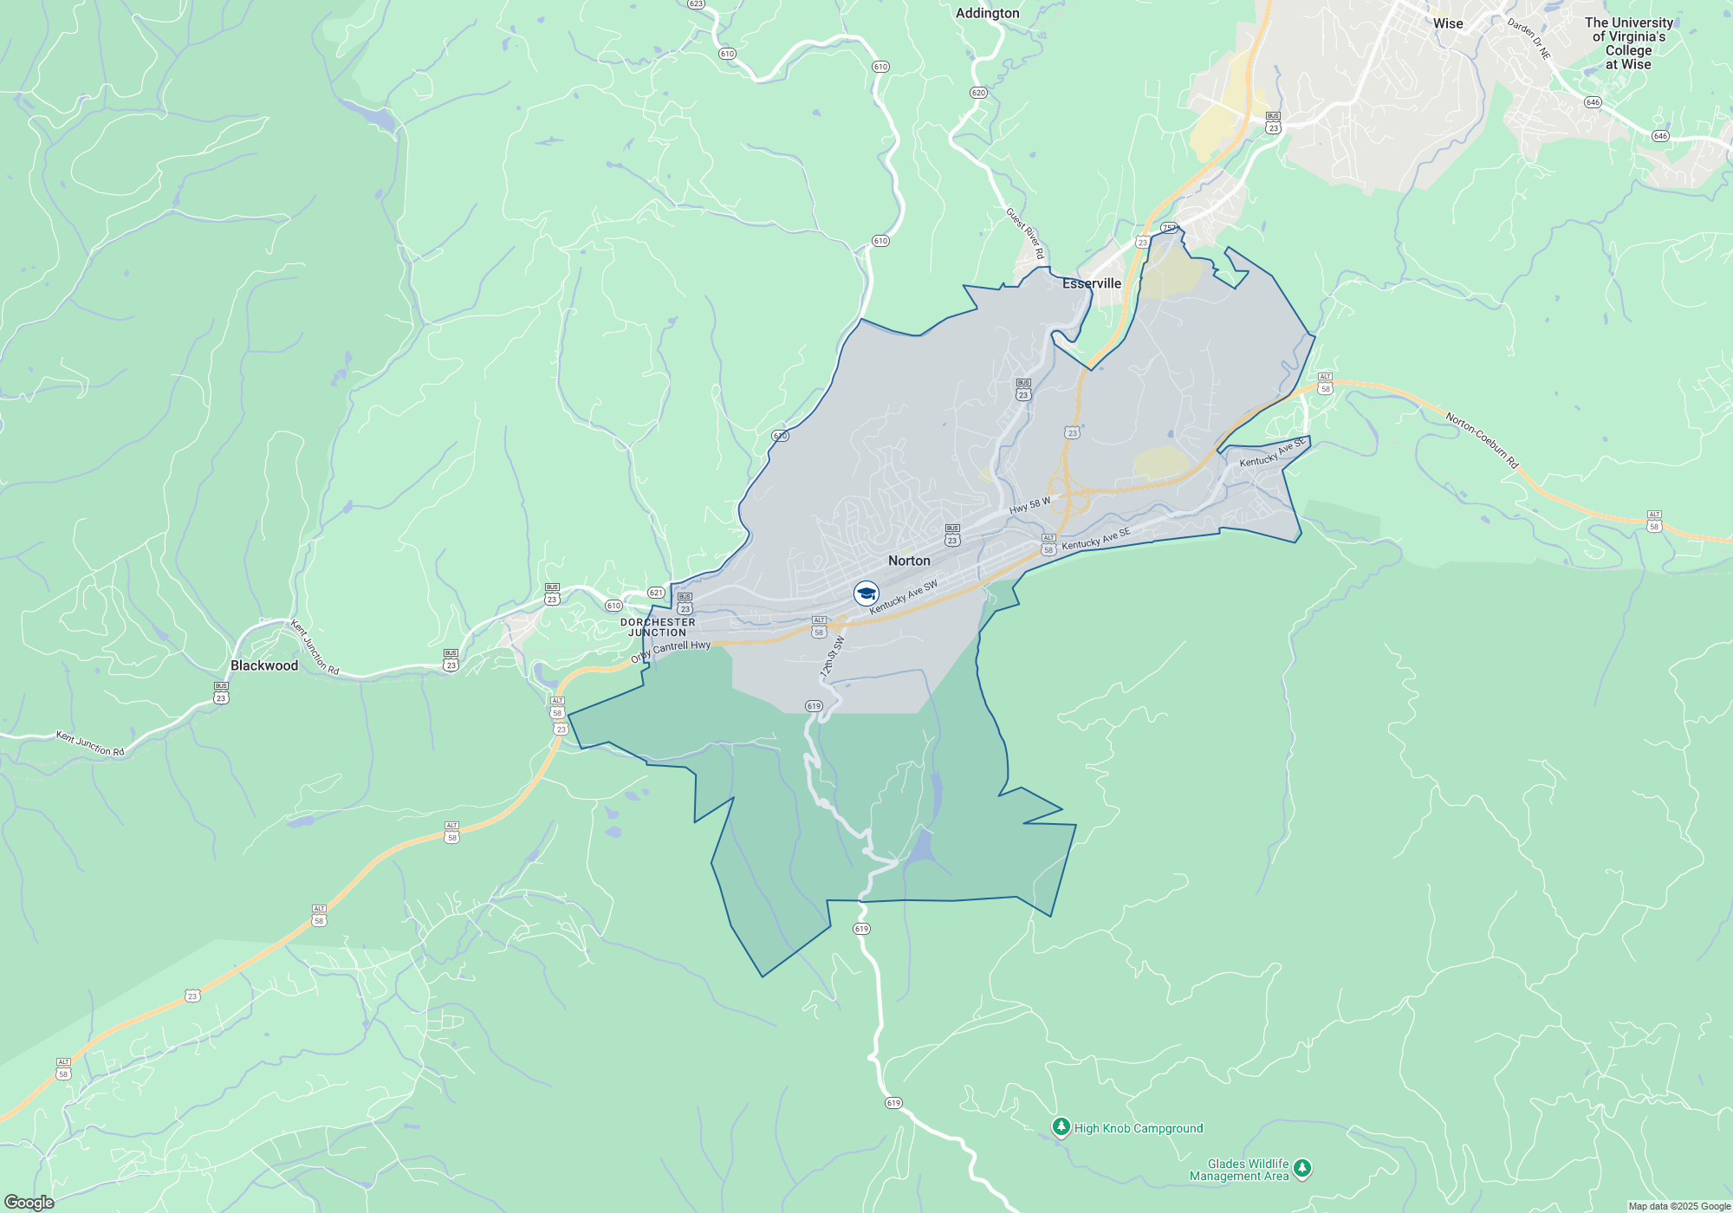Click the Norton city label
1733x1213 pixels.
909,561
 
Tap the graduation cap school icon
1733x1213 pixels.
866,594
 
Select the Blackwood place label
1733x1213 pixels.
264,665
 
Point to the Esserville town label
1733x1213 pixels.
1092,283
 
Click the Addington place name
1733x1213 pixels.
987,13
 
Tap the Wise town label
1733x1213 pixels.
1448,23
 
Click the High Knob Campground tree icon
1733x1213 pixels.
1061,1126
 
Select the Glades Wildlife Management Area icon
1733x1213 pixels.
1301,1169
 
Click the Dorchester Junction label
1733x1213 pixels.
658,627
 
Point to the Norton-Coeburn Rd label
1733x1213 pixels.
1482,440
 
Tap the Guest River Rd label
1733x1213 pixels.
1025,233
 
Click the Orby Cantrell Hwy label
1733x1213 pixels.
671,651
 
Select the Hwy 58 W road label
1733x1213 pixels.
1029,505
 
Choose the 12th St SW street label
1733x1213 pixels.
832,657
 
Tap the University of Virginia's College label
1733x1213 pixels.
1629,43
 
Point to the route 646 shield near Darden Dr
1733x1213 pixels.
1593,102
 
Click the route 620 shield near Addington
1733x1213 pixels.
978,93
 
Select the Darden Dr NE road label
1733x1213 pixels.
1529,39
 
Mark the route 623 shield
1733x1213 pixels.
696,4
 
